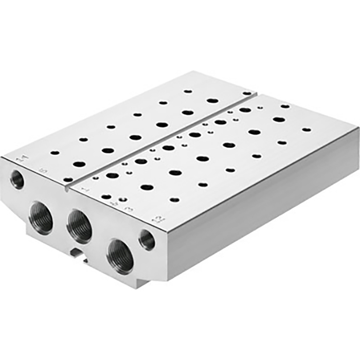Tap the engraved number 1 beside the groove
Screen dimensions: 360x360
click(85, 190)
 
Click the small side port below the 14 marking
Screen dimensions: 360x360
click(17, 179)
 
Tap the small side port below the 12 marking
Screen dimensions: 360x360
click(147, 240)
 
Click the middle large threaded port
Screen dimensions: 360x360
click(80, 225)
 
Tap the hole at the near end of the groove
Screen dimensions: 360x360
click(68, 179)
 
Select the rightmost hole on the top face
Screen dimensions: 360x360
click(307, 129)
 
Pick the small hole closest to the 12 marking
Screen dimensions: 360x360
click(175, 199)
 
